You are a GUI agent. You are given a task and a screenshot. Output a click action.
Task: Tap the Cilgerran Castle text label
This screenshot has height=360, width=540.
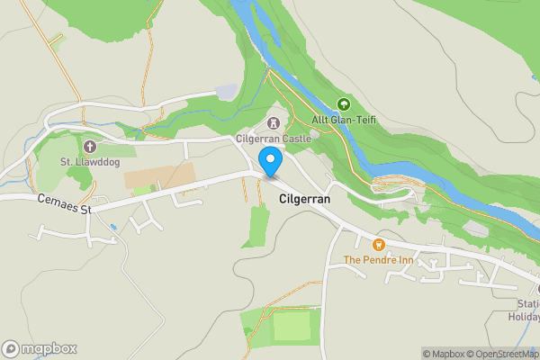click(274, 139)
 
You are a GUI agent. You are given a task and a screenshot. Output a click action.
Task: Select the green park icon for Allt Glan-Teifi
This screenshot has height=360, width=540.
click(342, 103)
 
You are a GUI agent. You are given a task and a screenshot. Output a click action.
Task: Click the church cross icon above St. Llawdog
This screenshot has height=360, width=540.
click(89, 146)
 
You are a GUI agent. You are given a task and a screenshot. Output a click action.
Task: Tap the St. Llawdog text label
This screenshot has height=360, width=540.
click(89, 162)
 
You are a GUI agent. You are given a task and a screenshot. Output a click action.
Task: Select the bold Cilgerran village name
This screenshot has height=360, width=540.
click(305, 198)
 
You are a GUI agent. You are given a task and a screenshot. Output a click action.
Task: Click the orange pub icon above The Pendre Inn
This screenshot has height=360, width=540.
click(378, 244)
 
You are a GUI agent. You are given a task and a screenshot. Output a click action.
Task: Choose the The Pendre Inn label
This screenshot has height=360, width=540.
click(378, 260)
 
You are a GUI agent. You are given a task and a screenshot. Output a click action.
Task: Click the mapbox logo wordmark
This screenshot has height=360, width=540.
click(40, 348)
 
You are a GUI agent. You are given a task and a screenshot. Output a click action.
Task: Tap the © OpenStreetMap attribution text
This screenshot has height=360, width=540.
click(504, 354)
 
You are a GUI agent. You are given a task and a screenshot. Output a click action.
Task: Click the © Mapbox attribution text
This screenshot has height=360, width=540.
click(445, 354)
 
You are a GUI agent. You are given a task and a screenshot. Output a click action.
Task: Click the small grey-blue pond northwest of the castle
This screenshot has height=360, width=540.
click(228, 92)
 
